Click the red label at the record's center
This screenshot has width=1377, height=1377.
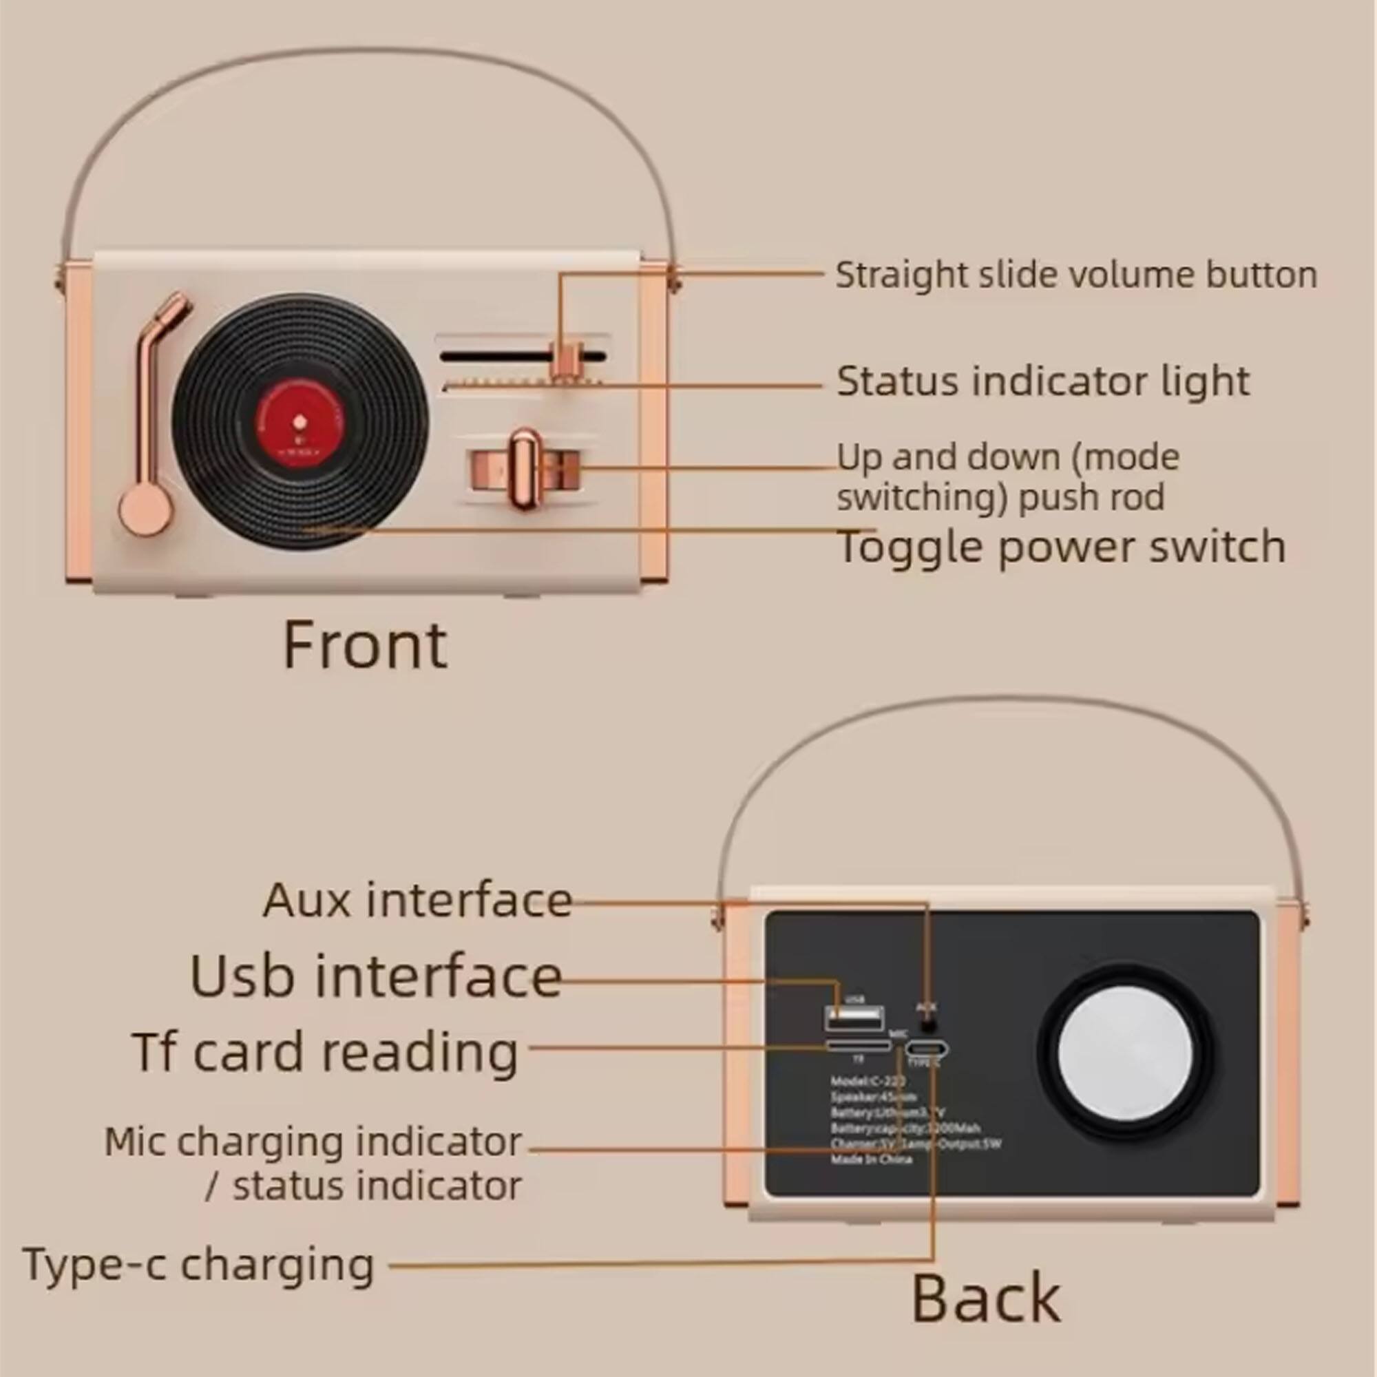click(x=300, y=421)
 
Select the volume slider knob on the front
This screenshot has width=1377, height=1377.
click(x=565, y=361)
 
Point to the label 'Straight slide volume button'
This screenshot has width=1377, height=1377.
click(x=1075, y=275)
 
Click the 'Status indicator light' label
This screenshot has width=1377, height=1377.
click(x=1042, y=381)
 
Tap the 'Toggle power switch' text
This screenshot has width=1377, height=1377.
click(x=1062, y=547)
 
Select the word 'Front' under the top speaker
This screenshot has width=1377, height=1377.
click(x=366, y=646)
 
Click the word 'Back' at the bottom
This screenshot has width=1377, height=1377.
click(x=986, y=1298)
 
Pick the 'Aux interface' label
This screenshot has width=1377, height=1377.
click(x=418, y=900)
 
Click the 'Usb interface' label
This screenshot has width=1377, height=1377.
click(x=376, y=976)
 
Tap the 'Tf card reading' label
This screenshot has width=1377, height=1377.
click(x=326, y=1052)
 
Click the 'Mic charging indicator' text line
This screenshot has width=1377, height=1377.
click(x=313, y=1142)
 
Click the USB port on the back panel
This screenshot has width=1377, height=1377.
click(x=854, y=1018)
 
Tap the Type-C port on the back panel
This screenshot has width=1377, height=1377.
click(x=927, y=1049)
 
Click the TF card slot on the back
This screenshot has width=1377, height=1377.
click(x=858, y=1046)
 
